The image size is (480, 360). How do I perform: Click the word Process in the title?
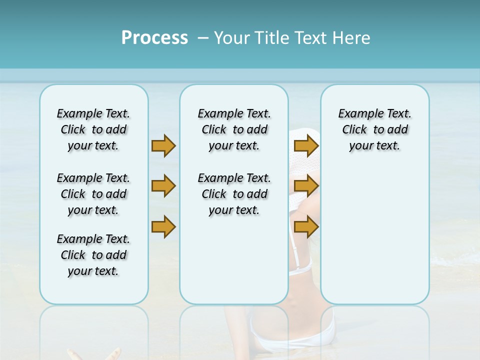pyautogui.click(x=154, y=37)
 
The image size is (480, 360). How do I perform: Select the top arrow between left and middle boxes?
pyautogui.click(x=163, y=145)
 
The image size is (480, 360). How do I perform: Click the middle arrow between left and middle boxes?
pyautogui.click(x=163, y=186)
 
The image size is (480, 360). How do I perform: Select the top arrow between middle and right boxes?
pyautogui.click(x=306, y=145)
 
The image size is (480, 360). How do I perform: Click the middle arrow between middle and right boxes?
pyautogui.click(x=306, y=186)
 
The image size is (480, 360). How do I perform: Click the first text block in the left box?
pyautogui.click(x=93, y=129)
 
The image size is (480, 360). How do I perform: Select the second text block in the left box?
pyautogui.click(x=93, y=194)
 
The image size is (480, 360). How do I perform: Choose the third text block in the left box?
pyautogui.click(x=93, y=255)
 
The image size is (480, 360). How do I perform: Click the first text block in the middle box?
pyautogui.click(x=234, y=129)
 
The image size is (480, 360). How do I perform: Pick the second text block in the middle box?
pyautogui.click(x=234, y=194)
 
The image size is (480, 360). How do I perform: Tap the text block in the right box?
pyautogui.click(x=374, y=129)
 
